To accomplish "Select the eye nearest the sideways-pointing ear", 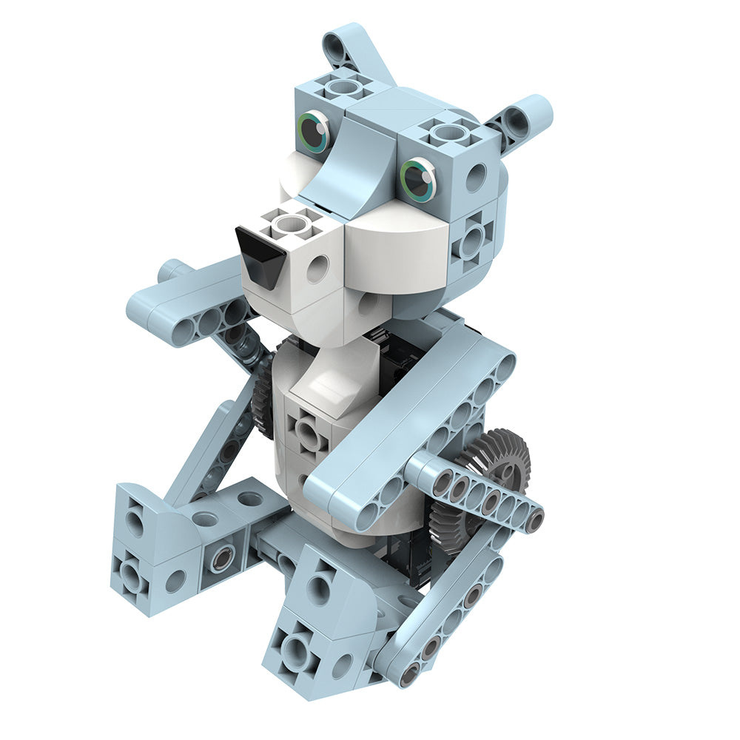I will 418,178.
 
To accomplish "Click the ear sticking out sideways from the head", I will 527,120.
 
